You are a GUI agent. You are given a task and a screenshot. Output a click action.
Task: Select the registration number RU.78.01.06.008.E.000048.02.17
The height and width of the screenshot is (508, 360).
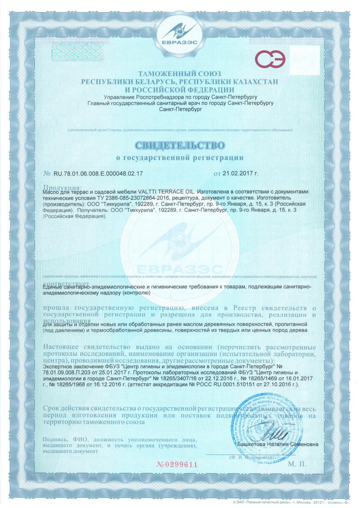tap(98, 174)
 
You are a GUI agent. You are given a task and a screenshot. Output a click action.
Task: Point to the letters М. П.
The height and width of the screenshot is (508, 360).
tap(297, 464)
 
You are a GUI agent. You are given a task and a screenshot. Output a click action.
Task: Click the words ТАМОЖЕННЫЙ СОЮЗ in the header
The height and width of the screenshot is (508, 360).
tap(180, 73)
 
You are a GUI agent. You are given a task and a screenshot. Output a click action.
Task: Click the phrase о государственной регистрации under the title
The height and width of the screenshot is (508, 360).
tap(180, 156)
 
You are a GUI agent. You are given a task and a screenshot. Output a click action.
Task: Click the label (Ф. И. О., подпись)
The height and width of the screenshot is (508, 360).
tap(245, 457)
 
